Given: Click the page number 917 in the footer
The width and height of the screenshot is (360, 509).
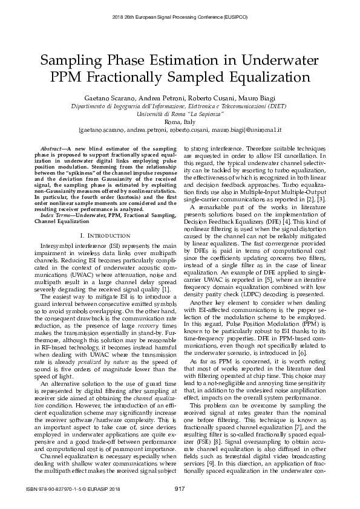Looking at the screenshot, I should click(x=180, y=488).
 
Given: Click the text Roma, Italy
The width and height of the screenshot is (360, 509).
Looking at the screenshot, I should click(x=180, y=122).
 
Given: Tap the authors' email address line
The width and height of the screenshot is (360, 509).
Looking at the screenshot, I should click(x=180, y=129).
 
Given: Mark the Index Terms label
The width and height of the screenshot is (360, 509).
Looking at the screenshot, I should click(x=57, y=198).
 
